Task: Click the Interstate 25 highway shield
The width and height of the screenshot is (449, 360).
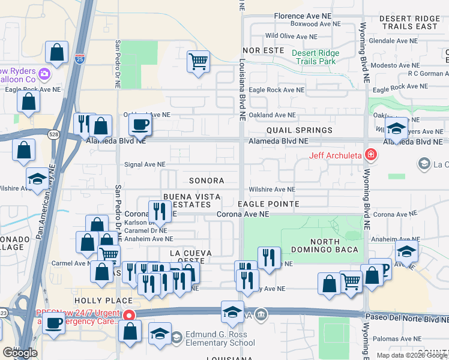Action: pyautogui.click(x=80, y=59)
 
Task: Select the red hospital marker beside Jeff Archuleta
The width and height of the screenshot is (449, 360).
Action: pyautogui.click(x=371, y=156)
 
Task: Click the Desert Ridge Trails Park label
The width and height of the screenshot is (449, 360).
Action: pyautogui.click(x=315, y=57)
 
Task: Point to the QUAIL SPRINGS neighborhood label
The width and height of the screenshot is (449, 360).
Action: pyautogui.click(x=300, y=130)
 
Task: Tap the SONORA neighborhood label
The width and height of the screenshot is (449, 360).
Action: pyautogui.click(x=206, y=181)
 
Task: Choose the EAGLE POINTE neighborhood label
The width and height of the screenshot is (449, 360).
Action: pyautogui.click(x=268, y=204)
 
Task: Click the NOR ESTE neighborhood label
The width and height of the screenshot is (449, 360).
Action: pyautogui.click(x=263, y=50)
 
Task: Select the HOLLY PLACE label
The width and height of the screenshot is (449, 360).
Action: pyautogui.click(x=103, y=300)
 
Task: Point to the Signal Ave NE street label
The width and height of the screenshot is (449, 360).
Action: pyautogui.click(x=144, y=164)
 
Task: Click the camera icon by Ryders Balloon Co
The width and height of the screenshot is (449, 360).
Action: pyautogui.click(x=44, y=74)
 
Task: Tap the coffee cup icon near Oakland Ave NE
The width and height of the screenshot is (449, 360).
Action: pyautogui.click(x=140, y=125)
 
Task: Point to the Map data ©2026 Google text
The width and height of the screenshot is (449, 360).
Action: pyautogui.click(x=411, y=355)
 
